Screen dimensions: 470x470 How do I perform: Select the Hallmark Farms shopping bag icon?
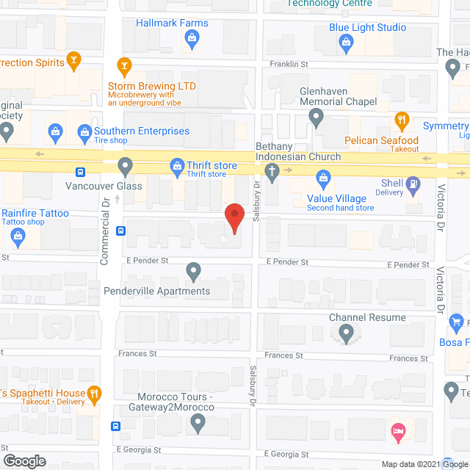tap(192, 42)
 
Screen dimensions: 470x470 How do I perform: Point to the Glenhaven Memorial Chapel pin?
tap(316, 117)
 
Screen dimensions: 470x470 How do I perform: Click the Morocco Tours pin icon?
tap(198, 422)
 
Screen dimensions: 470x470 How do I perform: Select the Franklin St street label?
tap(288, 65)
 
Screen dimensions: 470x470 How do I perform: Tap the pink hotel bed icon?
tap(399, 434)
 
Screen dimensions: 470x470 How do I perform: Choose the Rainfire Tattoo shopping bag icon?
tap(18, 235)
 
